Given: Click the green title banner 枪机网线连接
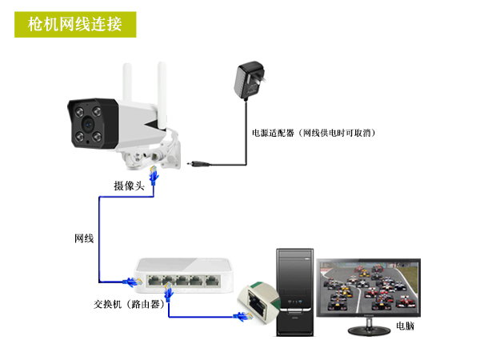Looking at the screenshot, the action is click(x=75, y=25).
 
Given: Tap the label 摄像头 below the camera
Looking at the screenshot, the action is click(x=129, y=186).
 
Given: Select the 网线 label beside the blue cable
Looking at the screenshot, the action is click(x=84, y=238).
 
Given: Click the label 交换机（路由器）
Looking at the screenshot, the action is click(x=129, y=304).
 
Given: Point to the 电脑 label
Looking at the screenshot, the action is click(x=405, y=326).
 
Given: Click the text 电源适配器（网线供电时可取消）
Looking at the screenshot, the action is click(x=314, y=133).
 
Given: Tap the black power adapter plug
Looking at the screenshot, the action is click(x=249, y=80).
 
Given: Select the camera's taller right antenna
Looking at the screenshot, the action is click(x=162, y=95).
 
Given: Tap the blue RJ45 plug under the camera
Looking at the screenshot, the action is click(x=154, y=175).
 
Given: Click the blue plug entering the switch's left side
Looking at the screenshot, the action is click(x=133, y=282).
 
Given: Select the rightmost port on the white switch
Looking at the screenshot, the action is click(x=213, y=281).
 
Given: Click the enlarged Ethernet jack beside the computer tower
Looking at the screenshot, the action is click(x=259, y=302).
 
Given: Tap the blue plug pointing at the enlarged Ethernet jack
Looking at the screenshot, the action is click(x=243, y=317).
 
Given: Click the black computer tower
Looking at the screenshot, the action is click(x=295, y=292).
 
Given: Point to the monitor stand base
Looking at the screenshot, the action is click(x=369, y=330).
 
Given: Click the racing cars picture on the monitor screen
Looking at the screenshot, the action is click(x=369, y=287).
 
